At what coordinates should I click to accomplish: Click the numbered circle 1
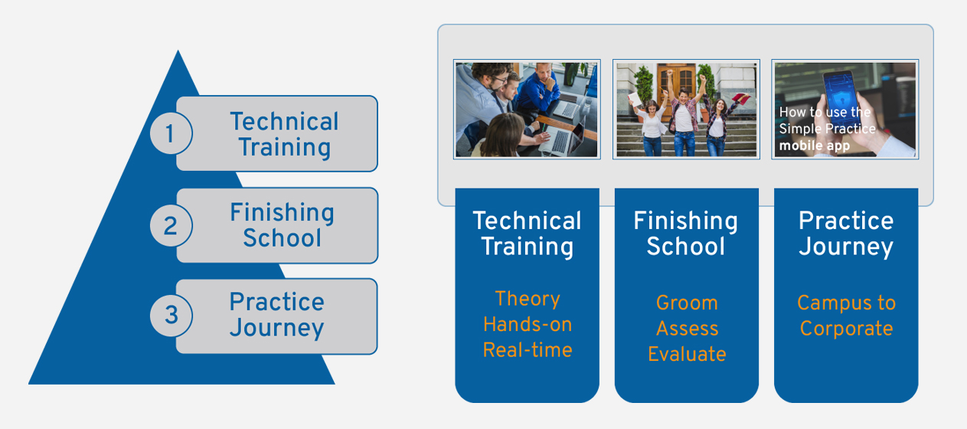coord(171,133)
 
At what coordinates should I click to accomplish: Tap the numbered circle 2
coord(171,225)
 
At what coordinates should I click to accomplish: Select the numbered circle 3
coord(171,316)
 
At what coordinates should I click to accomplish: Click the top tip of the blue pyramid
coord(178,51)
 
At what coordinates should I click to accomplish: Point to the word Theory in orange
coord(528,300)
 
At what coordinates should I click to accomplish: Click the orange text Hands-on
coord(528,325)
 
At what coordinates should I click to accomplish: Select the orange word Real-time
coord(528,350)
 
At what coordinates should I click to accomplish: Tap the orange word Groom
coord(687,303)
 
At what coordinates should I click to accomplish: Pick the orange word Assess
coord(688,329)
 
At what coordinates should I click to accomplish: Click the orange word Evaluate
coord(687,354)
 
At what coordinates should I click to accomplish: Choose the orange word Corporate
coord(846,329)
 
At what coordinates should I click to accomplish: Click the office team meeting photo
coord(527,110)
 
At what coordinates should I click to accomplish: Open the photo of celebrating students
coord(686,110)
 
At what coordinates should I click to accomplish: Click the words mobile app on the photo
coord(814,146)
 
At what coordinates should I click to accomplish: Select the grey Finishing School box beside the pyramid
coord(277,225)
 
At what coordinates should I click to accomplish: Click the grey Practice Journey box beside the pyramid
coord(276,316)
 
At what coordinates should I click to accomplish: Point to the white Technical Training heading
coord(527,234)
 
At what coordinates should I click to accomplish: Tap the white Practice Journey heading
coord(846,234)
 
